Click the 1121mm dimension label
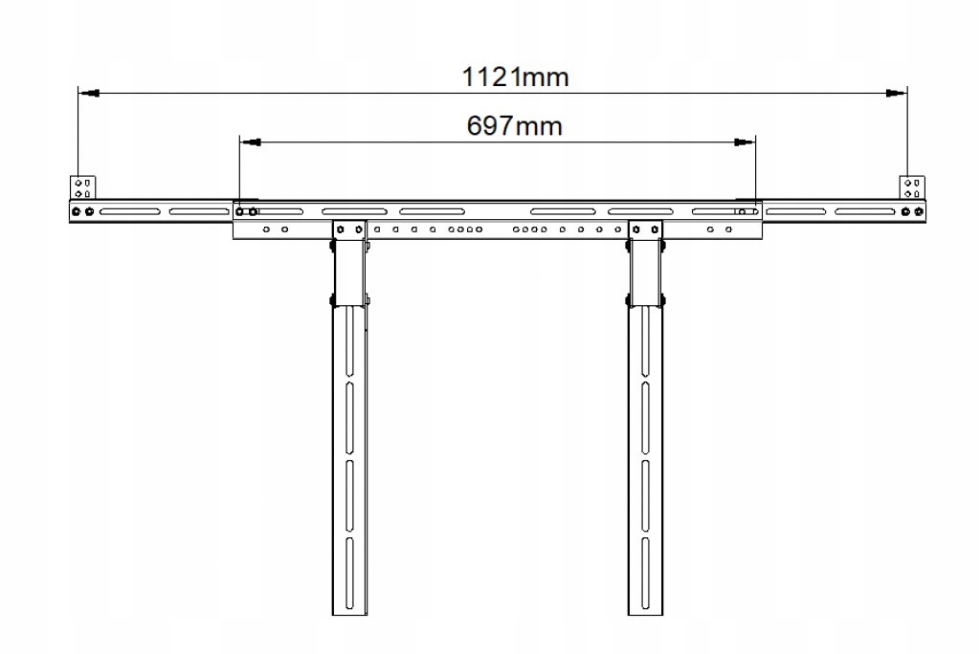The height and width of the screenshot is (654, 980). [x=515, y=76]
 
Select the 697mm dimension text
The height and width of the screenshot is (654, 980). [x=514, y=125]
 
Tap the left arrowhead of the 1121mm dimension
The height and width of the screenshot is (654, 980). [x=88, y=94]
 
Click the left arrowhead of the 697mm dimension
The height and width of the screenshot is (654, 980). [x=250, y=142]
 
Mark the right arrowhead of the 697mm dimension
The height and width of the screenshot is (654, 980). [x=744, y=142]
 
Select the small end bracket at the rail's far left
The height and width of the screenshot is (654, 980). [x=82, y=186]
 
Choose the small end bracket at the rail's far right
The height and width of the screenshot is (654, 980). [x=911, y=186]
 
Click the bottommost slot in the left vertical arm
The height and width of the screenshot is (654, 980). [x=350, y=574]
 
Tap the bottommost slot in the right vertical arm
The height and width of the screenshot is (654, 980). [x=644, y=574]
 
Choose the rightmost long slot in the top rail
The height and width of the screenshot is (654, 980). [x=867, y=211]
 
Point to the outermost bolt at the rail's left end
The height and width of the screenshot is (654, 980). [x=76, y=211]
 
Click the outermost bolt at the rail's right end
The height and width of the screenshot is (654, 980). [x=920, y=211]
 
